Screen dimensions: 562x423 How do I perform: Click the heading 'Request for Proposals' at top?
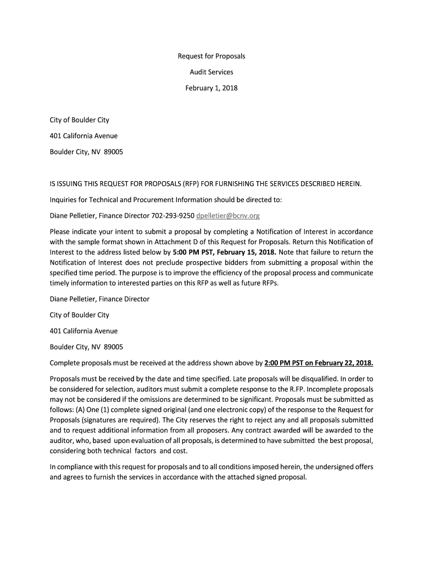(211, 57)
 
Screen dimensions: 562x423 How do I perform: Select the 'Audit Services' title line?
(211, 72)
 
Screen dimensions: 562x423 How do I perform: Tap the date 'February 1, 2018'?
(211, 88)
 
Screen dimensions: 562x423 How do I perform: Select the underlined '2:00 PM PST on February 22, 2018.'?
(319, 363)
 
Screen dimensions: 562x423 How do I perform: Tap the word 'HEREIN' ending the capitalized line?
(347, 183)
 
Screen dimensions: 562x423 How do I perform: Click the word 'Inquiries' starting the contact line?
(63, 199)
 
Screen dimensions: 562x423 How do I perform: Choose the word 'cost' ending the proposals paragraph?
(179, 451)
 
